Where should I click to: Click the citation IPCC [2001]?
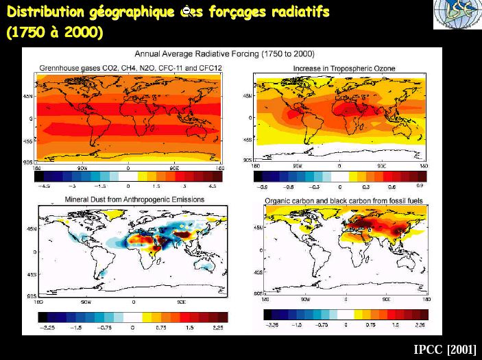(x=445, y=349)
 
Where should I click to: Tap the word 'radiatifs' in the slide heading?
(x=300, y=12)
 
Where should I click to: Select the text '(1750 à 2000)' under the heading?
(x=55, y=33)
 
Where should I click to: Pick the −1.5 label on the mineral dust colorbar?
(x=76, y=327)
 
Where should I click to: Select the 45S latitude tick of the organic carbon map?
(x=258, y=273)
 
